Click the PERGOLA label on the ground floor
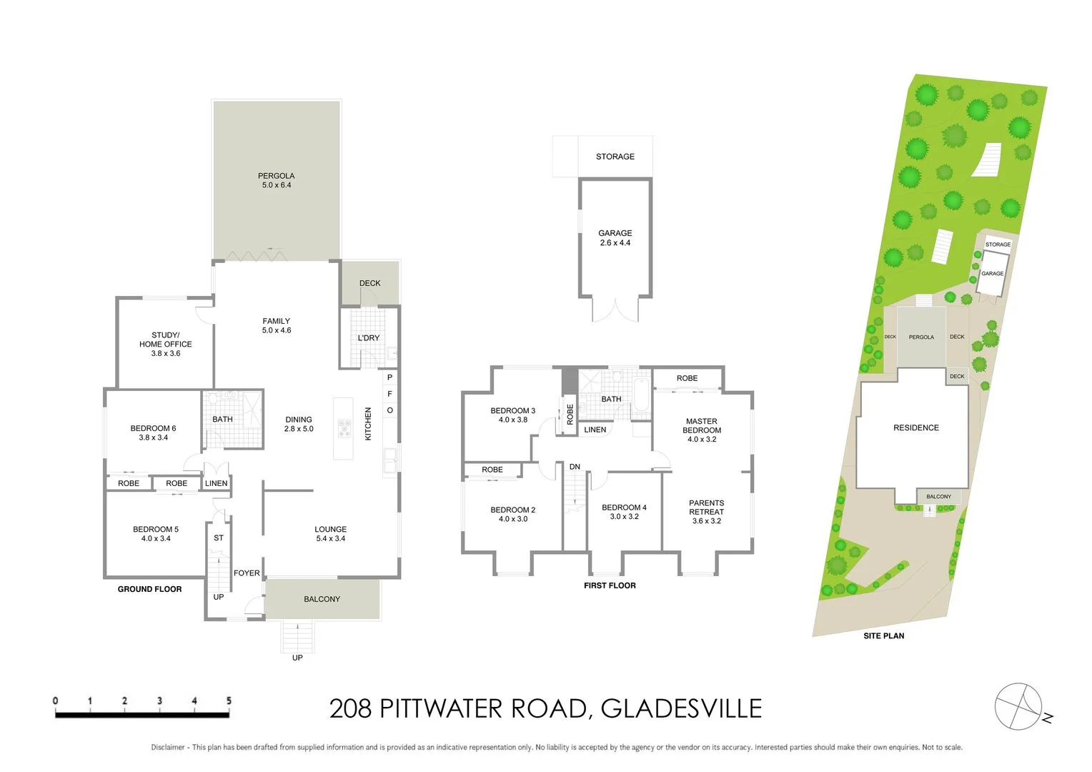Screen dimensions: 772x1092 tap(277, 180)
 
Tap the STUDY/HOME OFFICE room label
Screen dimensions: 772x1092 tap(165, 344)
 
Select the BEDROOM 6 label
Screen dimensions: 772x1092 tap(153, 432)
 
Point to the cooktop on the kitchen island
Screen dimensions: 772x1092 tap(344, 427)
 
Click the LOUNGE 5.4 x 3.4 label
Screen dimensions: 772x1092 tap(330, 534)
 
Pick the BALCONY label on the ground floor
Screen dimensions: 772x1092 tap(322, 599)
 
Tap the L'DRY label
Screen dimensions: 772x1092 tap(369, 338)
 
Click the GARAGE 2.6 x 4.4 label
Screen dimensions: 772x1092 tap(615, 238)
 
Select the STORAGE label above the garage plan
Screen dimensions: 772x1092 tap(615, 157)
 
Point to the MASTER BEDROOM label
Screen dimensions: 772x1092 tap(702, 430)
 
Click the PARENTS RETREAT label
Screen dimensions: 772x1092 tap(706, 512)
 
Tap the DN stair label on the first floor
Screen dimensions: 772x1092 tap(575, 467)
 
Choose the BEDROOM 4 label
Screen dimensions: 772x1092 tap(624, 512)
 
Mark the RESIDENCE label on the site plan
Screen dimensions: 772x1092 tap(915, 427)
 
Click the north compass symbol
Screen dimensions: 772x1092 tap(1020, 707)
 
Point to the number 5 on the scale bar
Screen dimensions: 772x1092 tap(229, 701)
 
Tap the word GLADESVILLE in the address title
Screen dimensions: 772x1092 tap(681, 708)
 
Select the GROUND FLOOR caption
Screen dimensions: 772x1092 tap(149, 589)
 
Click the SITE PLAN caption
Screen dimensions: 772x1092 tap(883, 635)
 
